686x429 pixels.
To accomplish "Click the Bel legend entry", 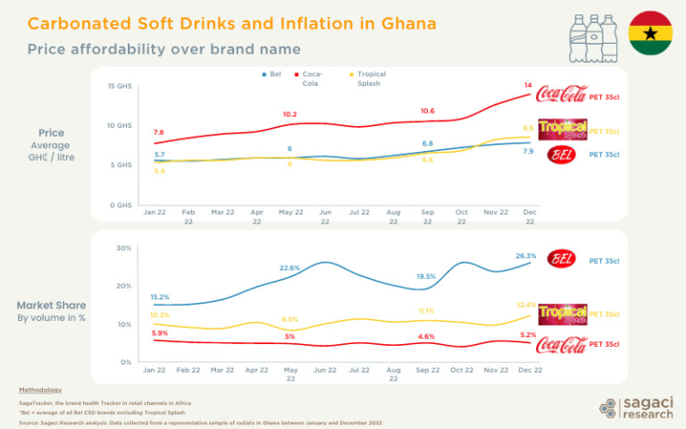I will pyautogui.click(x=272, y=74).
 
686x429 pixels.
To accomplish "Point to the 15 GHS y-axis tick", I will pyautogui.click(x=119, y=87).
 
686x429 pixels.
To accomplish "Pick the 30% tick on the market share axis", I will pyautogui.click(x=125, y=248).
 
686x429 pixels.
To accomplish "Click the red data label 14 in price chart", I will pyautogui.click(x=528, y=86).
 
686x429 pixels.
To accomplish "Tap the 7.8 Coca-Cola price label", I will pyautogui.click(x=158, y=132).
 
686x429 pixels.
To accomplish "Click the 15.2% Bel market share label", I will pyautogui.click(x=160, y=297).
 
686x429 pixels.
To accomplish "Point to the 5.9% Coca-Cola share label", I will pyautogui.click(x=160, y=333).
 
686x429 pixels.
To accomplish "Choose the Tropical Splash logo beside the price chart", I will pyautogui.click(x=562, y=130).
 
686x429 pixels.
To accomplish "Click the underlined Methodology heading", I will pyautogui.click(x=40, y=391).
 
